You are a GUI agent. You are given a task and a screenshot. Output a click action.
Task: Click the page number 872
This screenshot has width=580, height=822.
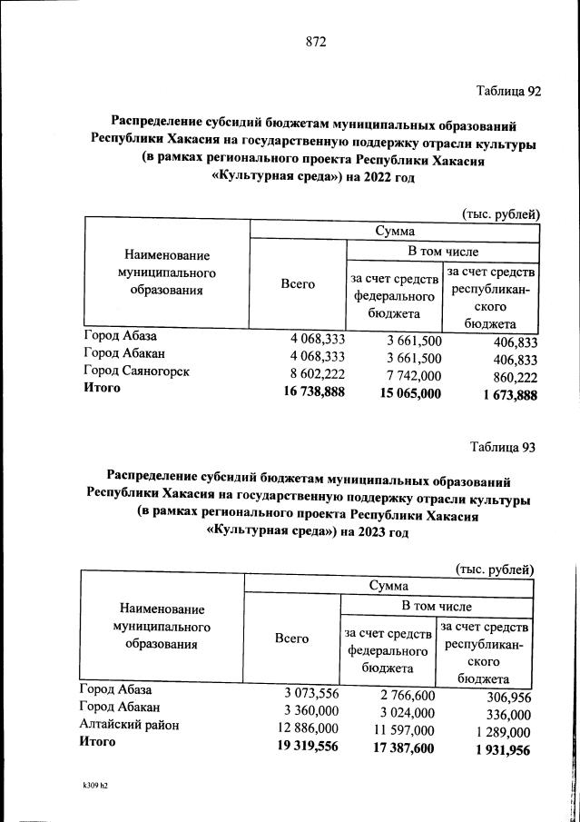click(315, 42)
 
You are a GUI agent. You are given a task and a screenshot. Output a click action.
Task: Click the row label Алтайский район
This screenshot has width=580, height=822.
click(129, 725)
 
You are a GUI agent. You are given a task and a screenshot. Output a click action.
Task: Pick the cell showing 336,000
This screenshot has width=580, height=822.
click(506, 715)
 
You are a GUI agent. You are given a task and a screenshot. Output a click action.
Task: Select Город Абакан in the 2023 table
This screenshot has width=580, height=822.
click(120, 707)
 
